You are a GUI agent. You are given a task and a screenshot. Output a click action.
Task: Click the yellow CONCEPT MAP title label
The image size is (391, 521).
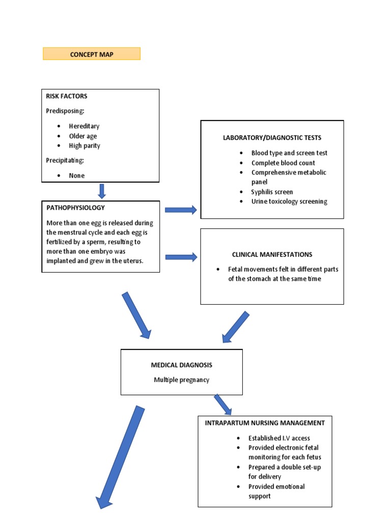[92, 54]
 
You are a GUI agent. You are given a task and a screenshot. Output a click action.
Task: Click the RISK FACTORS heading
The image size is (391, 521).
[67, 96]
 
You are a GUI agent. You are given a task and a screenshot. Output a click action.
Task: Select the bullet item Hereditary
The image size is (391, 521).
[84, 126]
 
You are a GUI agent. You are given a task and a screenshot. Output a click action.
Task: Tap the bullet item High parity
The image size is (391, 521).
[85, 146]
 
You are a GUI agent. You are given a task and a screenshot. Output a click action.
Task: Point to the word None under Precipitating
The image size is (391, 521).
[77, 176]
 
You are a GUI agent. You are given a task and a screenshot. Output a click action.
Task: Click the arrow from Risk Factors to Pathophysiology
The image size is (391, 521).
[102, 191]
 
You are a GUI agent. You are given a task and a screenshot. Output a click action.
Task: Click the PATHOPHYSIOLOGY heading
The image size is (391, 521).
[75, 208]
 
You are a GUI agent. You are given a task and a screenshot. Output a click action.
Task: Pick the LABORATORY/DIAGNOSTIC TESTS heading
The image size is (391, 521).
[272, 138]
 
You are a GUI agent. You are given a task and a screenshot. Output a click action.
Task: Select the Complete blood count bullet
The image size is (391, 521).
[283, 163]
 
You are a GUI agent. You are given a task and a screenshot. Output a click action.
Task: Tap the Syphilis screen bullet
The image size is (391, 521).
[272, 192]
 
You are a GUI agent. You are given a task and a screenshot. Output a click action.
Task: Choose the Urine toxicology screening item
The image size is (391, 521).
[289, 201]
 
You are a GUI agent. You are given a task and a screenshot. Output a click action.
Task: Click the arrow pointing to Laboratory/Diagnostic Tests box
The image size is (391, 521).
[181, 210]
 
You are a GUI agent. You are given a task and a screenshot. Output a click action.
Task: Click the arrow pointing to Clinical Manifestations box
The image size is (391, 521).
[181, 257]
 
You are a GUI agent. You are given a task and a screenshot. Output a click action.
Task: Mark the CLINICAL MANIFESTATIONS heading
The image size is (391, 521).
[272, 254]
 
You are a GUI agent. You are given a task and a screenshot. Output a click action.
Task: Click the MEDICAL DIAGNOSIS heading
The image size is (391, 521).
[181, 365]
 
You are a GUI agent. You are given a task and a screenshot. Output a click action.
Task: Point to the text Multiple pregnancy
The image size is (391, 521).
[181, 380]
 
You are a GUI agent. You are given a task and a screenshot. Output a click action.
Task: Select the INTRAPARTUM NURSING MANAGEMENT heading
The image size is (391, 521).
[265, 423]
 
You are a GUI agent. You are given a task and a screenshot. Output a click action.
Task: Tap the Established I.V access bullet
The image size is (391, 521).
[279, 438]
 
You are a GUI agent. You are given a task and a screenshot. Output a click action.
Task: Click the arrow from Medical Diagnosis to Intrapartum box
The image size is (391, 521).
[222, 404]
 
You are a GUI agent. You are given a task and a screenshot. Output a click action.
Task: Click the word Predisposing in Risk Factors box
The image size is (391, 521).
[65, 111]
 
